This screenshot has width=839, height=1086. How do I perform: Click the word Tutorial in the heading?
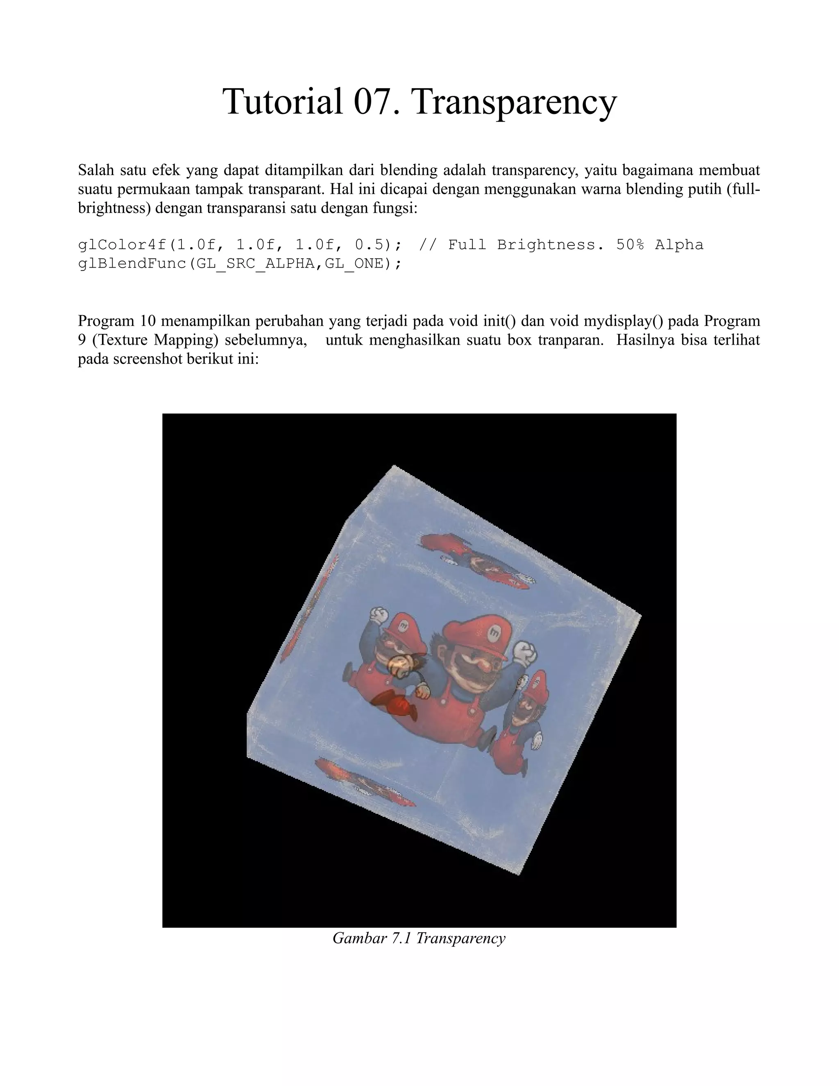282,102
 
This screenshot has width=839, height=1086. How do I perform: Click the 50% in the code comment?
630,245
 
